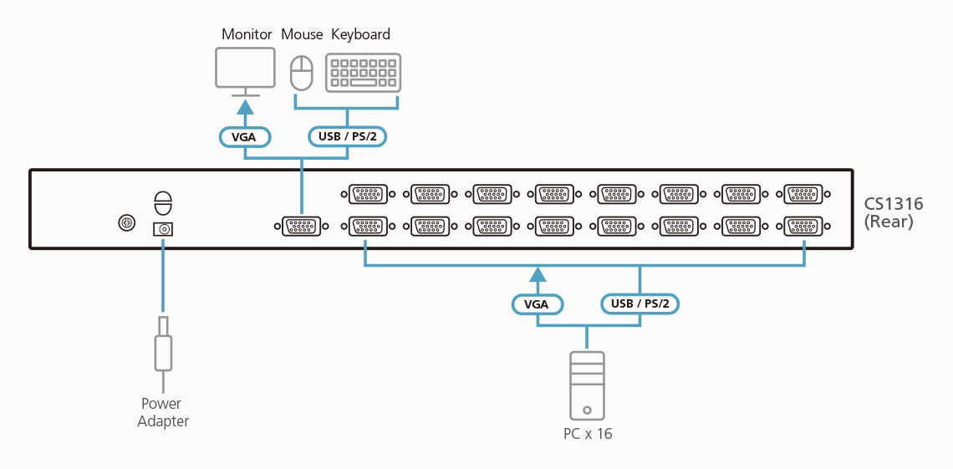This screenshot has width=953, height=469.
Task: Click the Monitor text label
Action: tap(247, 34)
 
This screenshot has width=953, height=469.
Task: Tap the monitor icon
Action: tap(245, 69)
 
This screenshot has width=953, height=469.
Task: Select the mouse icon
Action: tap(301, 73)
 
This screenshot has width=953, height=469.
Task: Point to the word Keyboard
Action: tap(360, 34)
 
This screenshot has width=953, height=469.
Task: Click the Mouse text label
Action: tap(302, 34)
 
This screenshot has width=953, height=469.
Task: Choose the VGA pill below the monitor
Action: tap(244, 136)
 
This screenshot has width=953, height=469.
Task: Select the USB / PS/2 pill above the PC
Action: tap(640, 303)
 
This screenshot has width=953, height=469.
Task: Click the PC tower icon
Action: tap(587, 385)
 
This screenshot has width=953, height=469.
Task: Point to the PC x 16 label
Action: tap(587, 434)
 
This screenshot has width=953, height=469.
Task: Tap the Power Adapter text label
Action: tap(163, 412)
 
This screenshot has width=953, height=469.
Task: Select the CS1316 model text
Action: tap(894, 205)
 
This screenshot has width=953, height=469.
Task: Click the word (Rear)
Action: tap(889, 222)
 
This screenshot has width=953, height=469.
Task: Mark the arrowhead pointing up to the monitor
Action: tap(245, 106)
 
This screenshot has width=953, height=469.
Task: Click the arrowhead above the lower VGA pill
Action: tap(537, 273)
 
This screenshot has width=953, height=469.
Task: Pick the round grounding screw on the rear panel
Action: tap(126, 223)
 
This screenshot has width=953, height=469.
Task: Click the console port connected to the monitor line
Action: tap(302, 226)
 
